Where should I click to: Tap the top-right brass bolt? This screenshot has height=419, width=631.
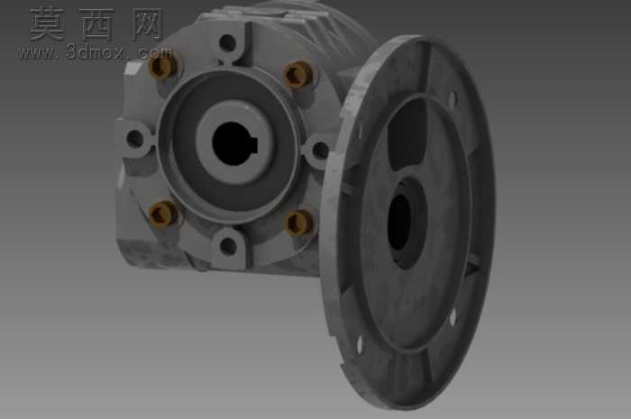point(298,74)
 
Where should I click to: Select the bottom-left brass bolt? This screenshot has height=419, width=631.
point(164,214)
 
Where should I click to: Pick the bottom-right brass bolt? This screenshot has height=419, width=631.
point(299,223)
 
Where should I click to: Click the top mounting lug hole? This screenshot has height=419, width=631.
point(228,41)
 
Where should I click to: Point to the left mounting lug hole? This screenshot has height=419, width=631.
point(135,139)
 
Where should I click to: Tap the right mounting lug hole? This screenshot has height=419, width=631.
point(320,150)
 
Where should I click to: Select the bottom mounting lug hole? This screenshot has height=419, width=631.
point(229,246)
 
